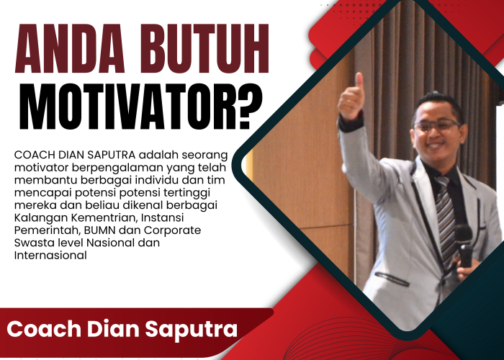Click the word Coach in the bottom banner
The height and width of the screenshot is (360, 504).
coord(37,330)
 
